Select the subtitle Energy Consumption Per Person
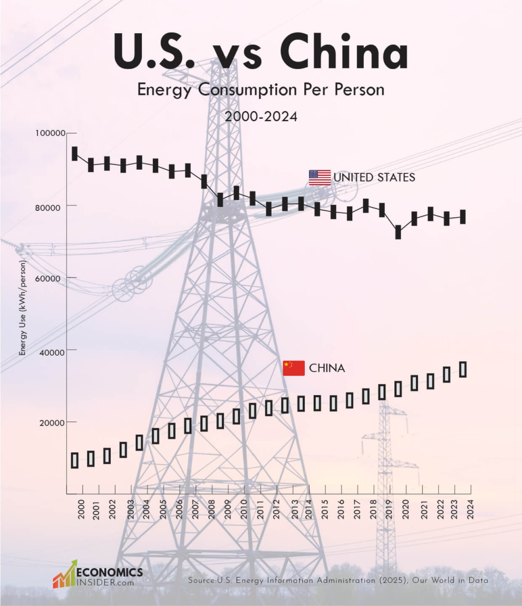tap(260, 90)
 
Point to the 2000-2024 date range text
tap(261, 117)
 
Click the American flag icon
tap(320, 178)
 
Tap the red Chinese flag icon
tap(294, 368)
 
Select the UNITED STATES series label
tap(374, 178)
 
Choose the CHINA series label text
tap(327, 368)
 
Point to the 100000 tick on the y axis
tap(50, 133)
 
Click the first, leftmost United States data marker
tap(75, 153)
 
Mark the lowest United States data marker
tap(398, 232)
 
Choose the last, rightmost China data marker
tap(463, 369)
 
